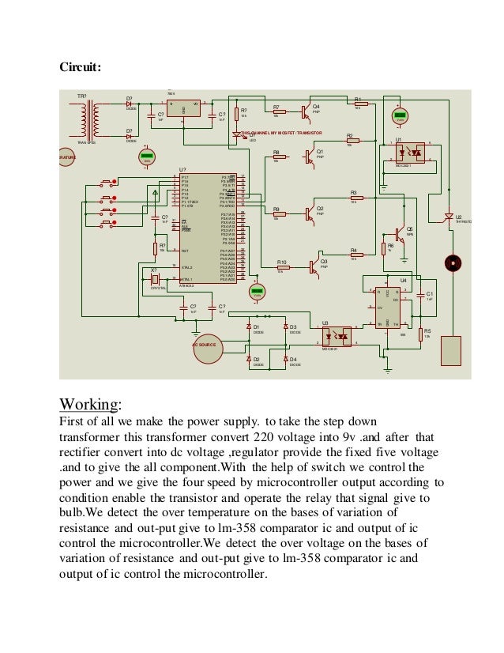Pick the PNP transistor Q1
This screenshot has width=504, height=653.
pos(309,156)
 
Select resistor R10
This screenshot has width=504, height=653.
pos(282,267)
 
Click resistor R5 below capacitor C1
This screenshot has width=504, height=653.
pos(419,333)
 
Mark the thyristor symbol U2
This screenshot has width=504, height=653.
pos(447,217)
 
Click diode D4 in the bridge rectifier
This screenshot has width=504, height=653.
pos(284,360)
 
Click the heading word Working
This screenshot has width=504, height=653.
pos(90,405)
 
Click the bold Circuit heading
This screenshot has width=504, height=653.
pos(81,67)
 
